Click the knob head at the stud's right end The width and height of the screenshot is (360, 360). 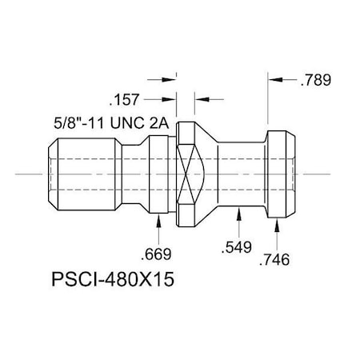tap(281, 172)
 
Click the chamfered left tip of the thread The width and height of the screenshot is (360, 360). tap(54, 172)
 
